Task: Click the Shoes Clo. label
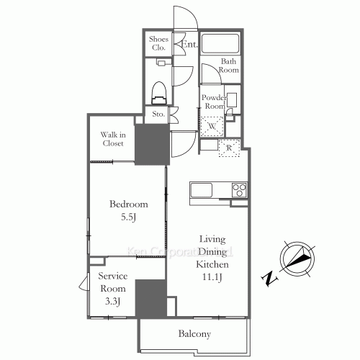pos(158,43)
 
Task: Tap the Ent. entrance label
pos(189,45)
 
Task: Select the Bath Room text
pos(229,66)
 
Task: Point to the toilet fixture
pos(160,91)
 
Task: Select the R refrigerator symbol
pos(229,149)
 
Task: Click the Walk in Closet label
pos(112,139)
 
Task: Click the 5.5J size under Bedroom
pos(128,217)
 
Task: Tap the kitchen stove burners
pos(239,190)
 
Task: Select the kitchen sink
pos(200,190)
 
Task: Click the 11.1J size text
pos(212,277)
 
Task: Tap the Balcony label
pos(194,333)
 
